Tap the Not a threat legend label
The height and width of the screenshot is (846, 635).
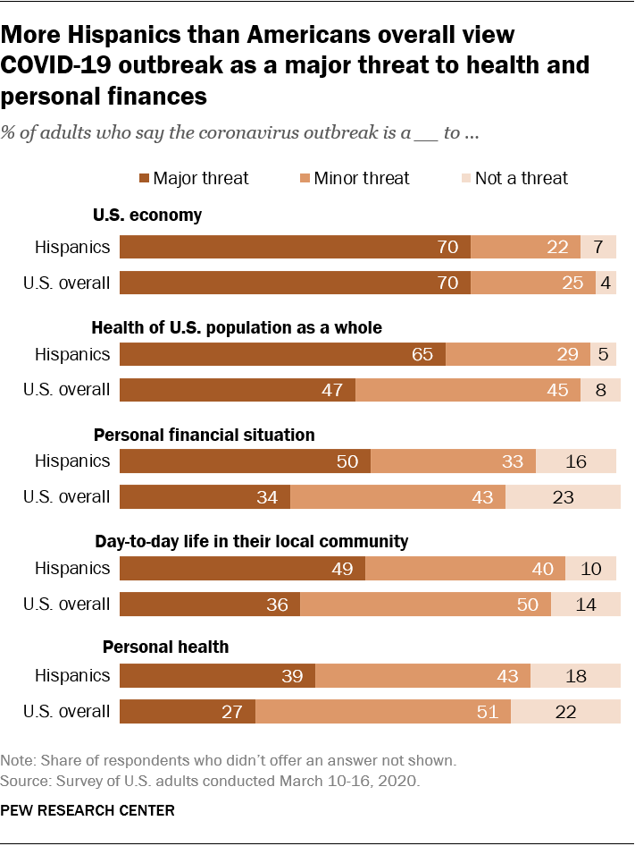[522, 178]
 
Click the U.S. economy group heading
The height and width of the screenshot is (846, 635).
[147, 216]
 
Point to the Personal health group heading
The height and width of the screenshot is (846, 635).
[166, 647]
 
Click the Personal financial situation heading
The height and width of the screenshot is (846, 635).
[205, 436]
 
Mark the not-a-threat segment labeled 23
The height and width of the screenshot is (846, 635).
[563, 497]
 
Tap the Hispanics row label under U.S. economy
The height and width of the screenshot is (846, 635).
[72, 247]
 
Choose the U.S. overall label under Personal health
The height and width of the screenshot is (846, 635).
[67, 712]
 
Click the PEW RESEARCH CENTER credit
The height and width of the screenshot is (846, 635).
[88, 811]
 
